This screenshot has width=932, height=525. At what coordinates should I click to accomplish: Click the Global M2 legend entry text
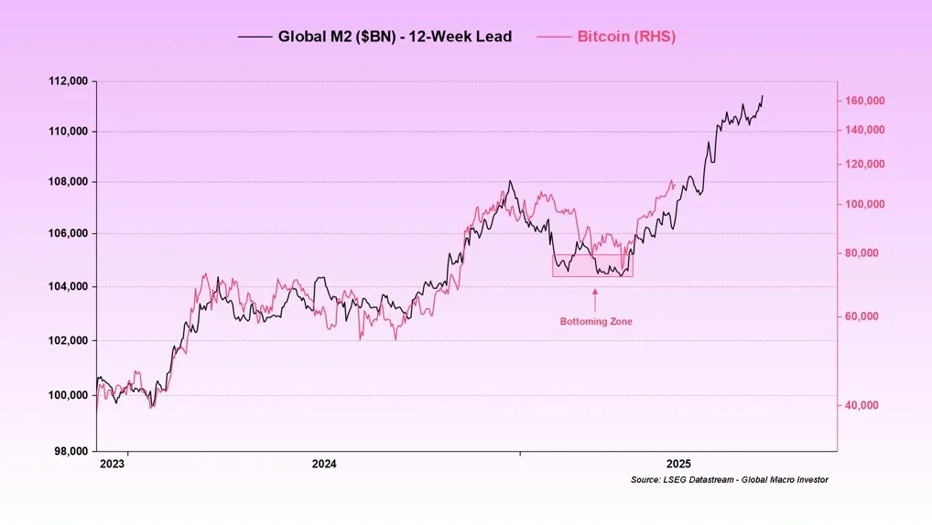point(395,37)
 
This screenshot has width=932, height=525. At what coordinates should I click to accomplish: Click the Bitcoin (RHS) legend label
point(626,37)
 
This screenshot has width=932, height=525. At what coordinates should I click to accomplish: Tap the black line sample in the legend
point(255,37)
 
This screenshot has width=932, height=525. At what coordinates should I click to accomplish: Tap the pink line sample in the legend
point(553,37)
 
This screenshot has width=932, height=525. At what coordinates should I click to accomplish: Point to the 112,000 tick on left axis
point(68,81)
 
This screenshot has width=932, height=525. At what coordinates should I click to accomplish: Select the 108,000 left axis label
point(68,181)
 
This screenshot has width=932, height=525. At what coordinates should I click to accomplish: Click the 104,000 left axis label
point(68,286)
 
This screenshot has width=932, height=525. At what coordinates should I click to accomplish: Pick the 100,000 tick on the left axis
point(68,395)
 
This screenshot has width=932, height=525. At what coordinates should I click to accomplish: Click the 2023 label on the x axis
point(112,465)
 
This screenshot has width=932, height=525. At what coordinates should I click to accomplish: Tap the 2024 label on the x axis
point(324,465)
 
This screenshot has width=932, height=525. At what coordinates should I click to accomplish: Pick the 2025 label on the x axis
point(678,465)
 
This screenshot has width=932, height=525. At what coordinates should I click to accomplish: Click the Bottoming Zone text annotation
point(596,322)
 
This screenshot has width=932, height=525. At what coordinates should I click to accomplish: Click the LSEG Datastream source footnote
point(729,480)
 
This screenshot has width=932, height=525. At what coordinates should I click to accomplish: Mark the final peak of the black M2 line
point(763,96)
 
